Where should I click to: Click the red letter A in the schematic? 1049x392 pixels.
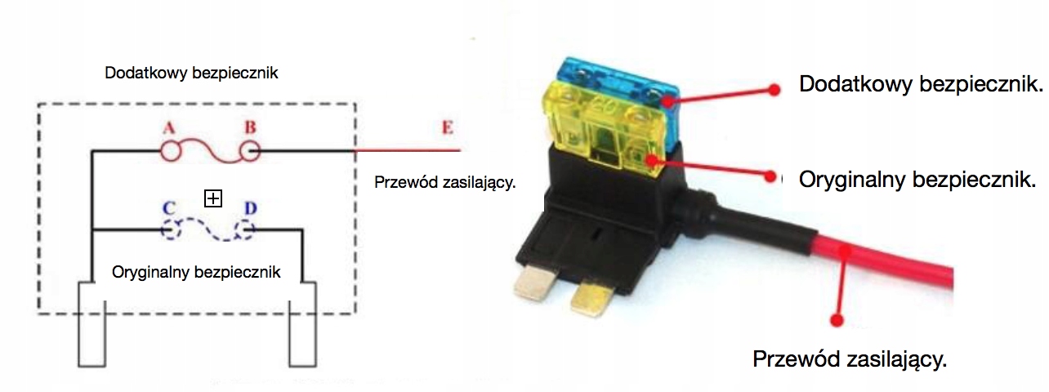(169, 128)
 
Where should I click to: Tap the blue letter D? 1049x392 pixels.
(250, 207)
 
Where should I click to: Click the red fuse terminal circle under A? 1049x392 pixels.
(171, 150)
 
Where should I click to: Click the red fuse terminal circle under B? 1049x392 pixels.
(249, 150)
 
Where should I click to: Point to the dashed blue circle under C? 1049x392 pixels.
(171, 230)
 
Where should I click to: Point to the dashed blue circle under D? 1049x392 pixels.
(247, 230)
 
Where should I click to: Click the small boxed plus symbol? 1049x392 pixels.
(213, 198)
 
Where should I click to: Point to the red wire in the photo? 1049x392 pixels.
(882, 261)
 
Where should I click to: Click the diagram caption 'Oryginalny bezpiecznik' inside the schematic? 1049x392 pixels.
(196, 272)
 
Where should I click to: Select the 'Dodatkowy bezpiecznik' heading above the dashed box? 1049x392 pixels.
(192, 73)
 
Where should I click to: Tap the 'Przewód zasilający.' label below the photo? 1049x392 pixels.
(850, 359)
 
